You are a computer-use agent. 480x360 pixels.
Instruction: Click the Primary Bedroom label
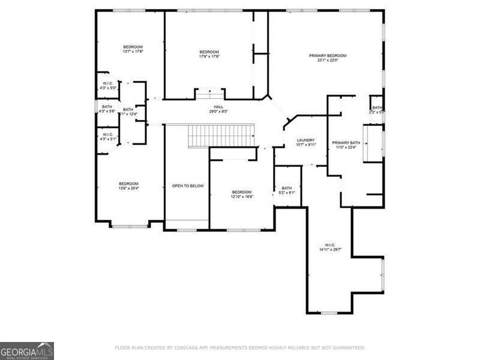[x=328, y=56]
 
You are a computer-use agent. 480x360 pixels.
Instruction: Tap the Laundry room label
[x=306, y=140]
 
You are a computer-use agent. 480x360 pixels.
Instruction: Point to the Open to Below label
[x=188, y=186]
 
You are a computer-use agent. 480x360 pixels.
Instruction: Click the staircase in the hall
[x=221, y=136]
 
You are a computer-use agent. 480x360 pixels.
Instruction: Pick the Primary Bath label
[x=346, y=142]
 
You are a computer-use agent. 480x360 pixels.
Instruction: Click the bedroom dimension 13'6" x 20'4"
[x=128, y=188]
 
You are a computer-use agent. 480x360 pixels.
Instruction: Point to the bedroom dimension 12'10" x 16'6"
[x=242, y=197]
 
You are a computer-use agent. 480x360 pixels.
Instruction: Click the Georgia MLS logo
[x=27, y=350]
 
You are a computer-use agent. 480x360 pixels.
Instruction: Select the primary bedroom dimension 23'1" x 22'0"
[x=328, y=60]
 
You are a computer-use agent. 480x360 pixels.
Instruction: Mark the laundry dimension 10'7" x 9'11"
[x=306, y=145]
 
